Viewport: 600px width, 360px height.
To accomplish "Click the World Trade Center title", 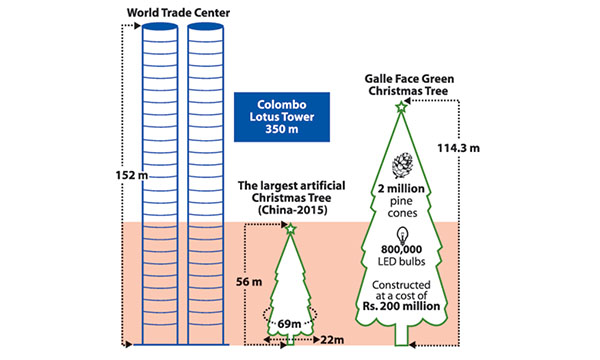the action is point(178,13).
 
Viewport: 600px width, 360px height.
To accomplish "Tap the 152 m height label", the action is point(132,175).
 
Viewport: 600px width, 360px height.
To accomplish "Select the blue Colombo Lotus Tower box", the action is point(282,117).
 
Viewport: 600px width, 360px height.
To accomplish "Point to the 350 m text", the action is point(282,129).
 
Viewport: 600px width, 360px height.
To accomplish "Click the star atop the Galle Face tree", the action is point(401,107).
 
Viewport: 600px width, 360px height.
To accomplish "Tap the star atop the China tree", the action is point(291,229).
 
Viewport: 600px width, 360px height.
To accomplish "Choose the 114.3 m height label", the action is point(458,148).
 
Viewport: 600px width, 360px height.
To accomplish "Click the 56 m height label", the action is point(249,282).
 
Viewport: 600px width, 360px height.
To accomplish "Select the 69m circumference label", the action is point(289,324).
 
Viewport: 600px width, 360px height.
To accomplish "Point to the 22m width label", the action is point(332,340).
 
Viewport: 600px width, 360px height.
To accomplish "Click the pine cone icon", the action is point(403,166).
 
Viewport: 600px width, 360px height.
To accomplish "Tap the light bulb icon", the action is point(402,236).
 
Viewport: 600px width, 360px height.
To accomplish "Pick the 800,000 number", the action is point(401,249).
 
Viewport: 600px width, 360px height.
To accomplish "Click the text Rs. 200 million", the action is point(401,306).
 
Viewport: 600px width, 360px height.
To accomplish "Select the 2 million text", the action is point(401,189).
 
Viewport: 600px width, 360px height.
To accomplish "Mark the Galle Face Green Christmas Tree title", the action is point(409,85).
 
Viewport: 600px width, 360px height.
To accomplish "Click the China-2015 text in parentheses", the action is point(293,210).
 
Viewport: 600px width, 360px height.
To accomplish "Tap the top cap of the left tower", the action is point(160,26).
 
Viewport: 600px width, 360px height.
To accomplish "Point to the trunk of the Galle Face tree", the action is point(401,336).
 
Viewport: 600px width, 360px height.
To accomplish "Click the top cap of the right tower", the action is point(205,26).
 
